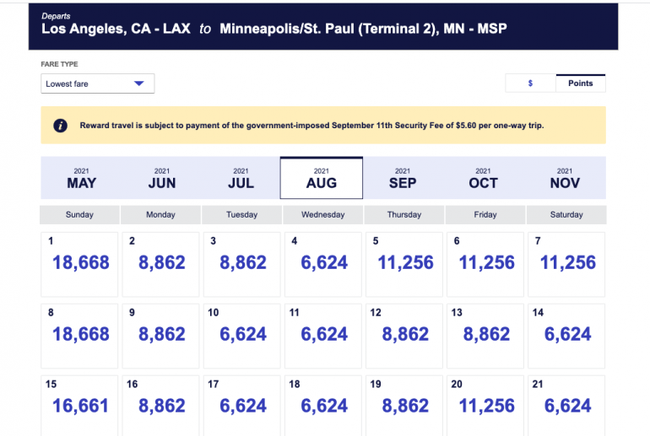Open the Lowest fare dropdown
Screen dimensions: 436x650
point(97,83)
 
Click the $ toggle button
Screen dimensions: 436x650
point(530,83)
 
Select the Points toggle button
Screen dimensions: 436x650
point(580,83)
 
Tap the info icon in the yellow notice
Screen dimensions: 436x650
point(61,125)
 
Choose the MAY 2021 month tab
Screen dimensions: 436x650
point(81,178)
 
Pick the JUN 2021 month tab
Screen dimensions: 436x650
point(161,178)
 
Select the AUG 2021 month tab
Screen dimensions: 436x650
point(322,178)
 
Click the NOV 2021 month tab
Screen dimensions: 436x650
point(565,178)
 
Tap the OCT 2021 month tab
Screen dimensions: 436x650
point(483,178)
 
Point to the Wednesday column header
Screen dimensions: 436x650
point(322,214)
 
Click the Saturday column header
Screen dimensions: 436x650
point(566,214)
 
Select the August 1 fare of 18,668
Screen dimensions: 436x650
point(80,263)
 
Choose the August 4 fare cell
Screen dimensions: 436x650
point(323,263)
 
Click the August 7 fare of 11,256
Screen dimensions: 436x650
point(567,263)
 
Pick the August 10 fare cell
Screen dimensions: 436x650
point(242,335)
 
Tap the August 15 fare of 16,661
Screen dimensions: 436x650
point(80,406)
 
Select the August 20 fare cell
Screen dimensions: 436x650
point(486,406)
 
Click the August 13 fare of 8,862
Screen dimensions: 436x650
point(486,335)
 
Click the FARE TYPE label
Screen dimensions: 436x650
point(58,64)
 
